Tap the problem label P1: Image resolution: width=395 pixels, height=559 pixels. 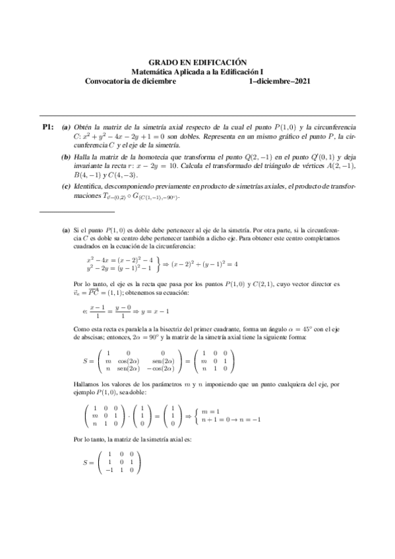click(x=47, y=126)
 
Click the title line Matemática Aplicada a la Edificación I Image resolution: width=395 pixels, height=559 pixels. click(x=197, y=71)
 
